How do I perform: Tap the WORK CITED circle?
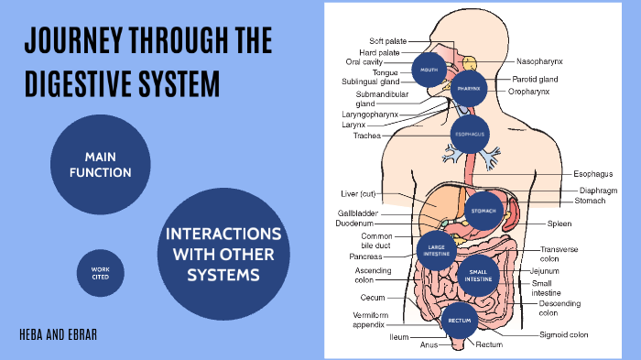pos(101,273)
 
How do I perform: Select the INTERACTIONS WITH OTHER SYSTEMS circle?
pos(223,249)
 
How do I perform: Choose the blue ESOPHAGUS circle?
pos(469,134)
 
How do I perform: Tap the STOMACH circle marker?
pos(483,211)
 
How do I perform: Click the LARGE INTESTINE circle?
pos(437,248)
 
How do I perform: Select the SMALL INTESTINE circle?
pos(479,273)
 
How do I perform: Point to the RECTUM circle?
pos(459,320)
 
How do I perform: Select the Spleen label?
pos(560,224)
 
